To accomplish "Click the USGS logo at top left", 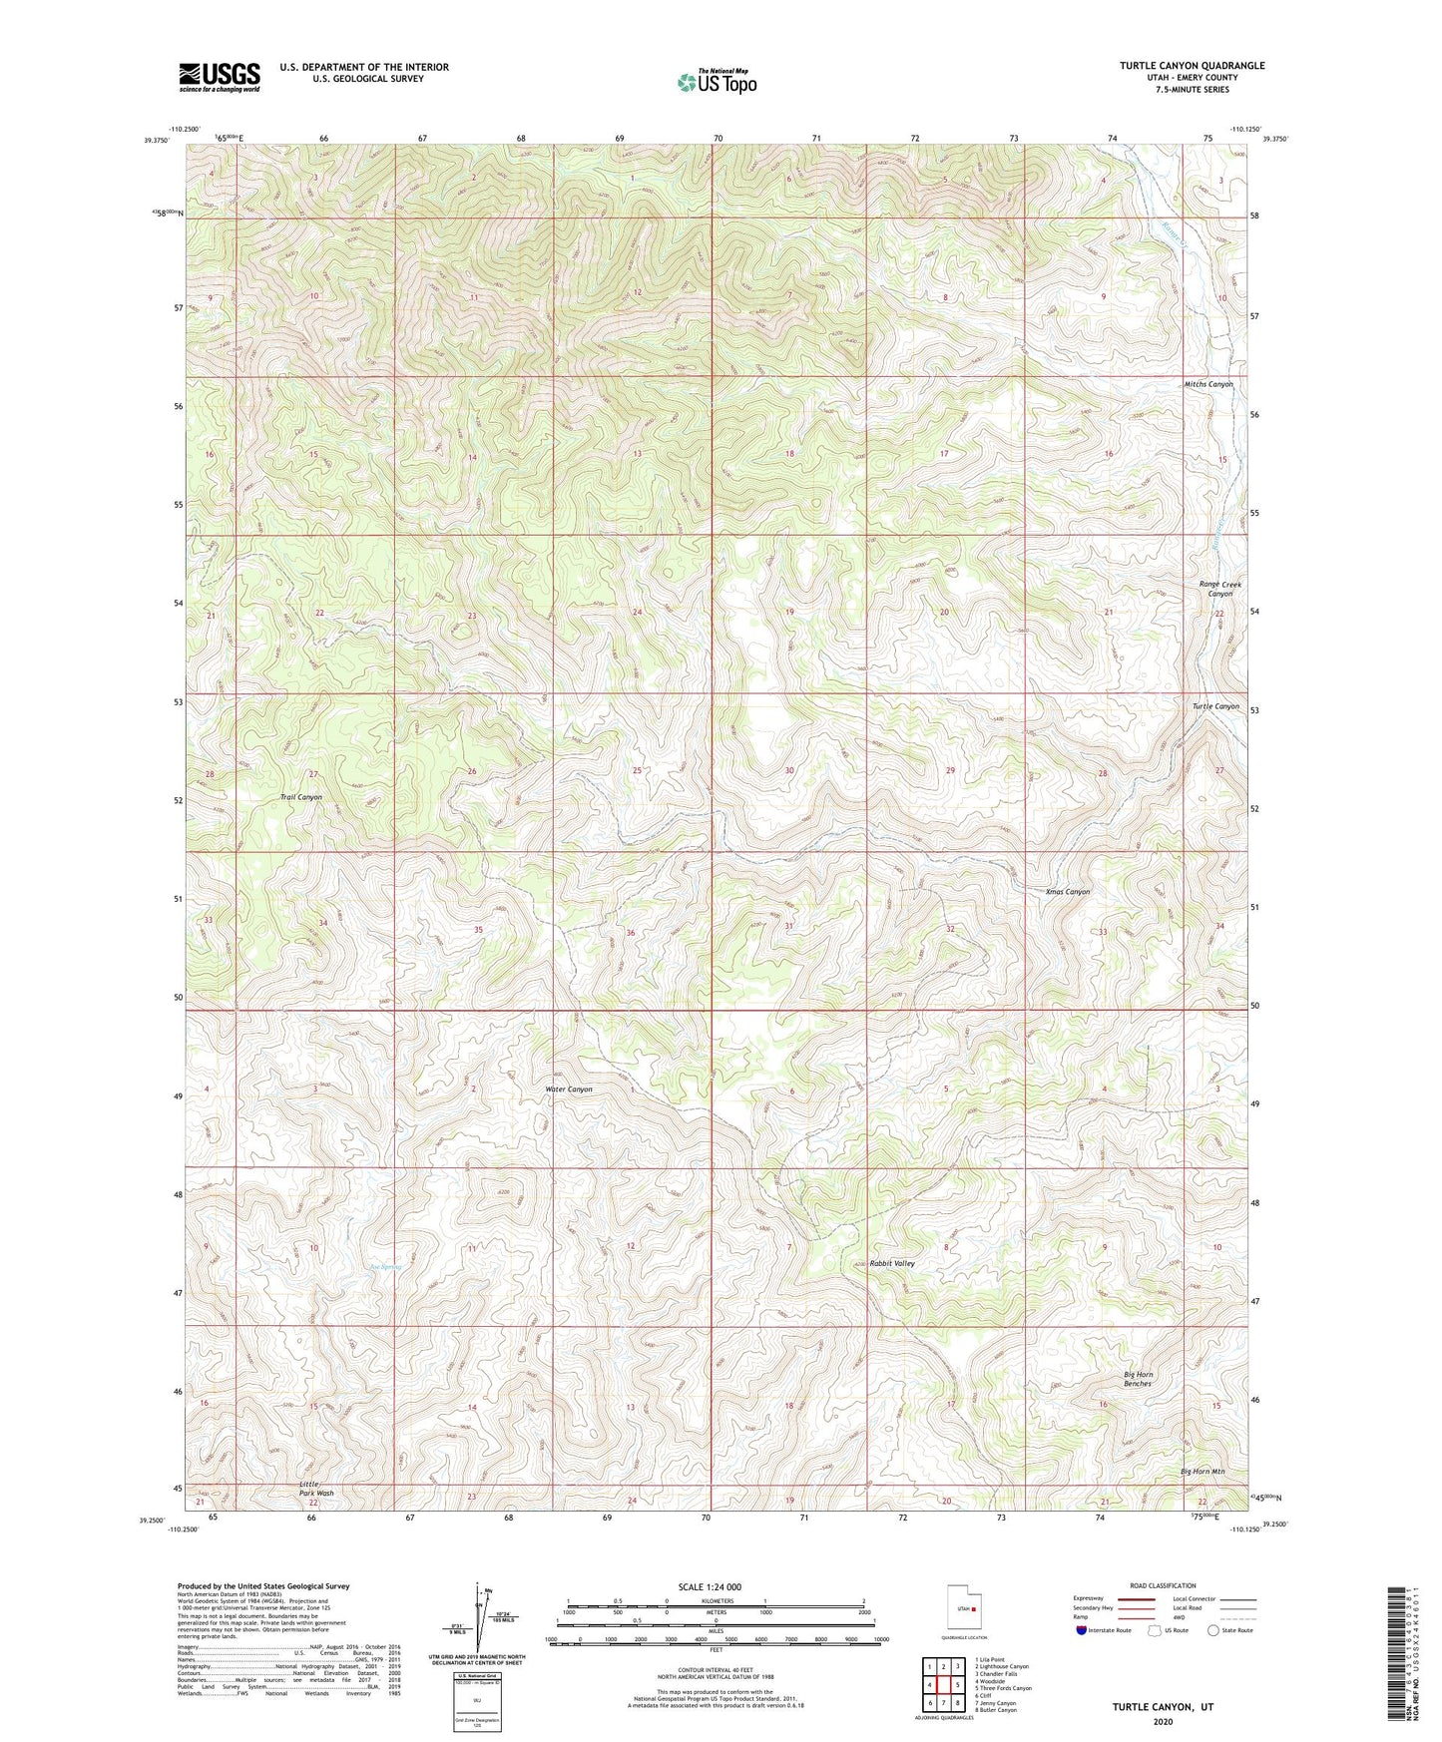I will click(220, 77).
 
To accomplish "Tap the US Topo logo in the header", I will click(717, 82).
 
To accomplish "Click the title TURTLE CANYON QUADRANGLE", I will click(1192, 66).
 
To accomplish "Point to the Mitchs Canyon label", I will click(1207, 384).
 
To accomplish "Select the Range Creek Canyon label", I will click(1219, 589).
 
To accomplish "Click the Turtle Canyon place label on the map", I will click(1214, 706).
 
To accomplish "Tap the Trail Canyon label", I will click(300, 797).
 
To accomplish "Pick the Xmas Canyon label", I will click(1067, 892).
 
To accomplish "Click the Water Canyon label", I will click(569, 1089).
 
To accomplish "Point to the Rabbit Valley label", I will click(891, 1263).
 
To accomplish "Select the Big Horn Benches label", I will click(1138, 1379).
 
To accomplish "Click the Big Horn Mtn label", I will click(1202, 1472).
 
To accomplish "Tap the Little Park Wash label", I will click(316, 1489).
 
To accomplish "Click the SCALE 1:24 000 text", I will click(710, 1586).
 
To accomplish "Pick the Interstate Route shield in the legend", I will click(1082, 1630).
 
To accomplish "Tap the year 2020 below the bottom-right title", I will click(1162, 1721).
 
